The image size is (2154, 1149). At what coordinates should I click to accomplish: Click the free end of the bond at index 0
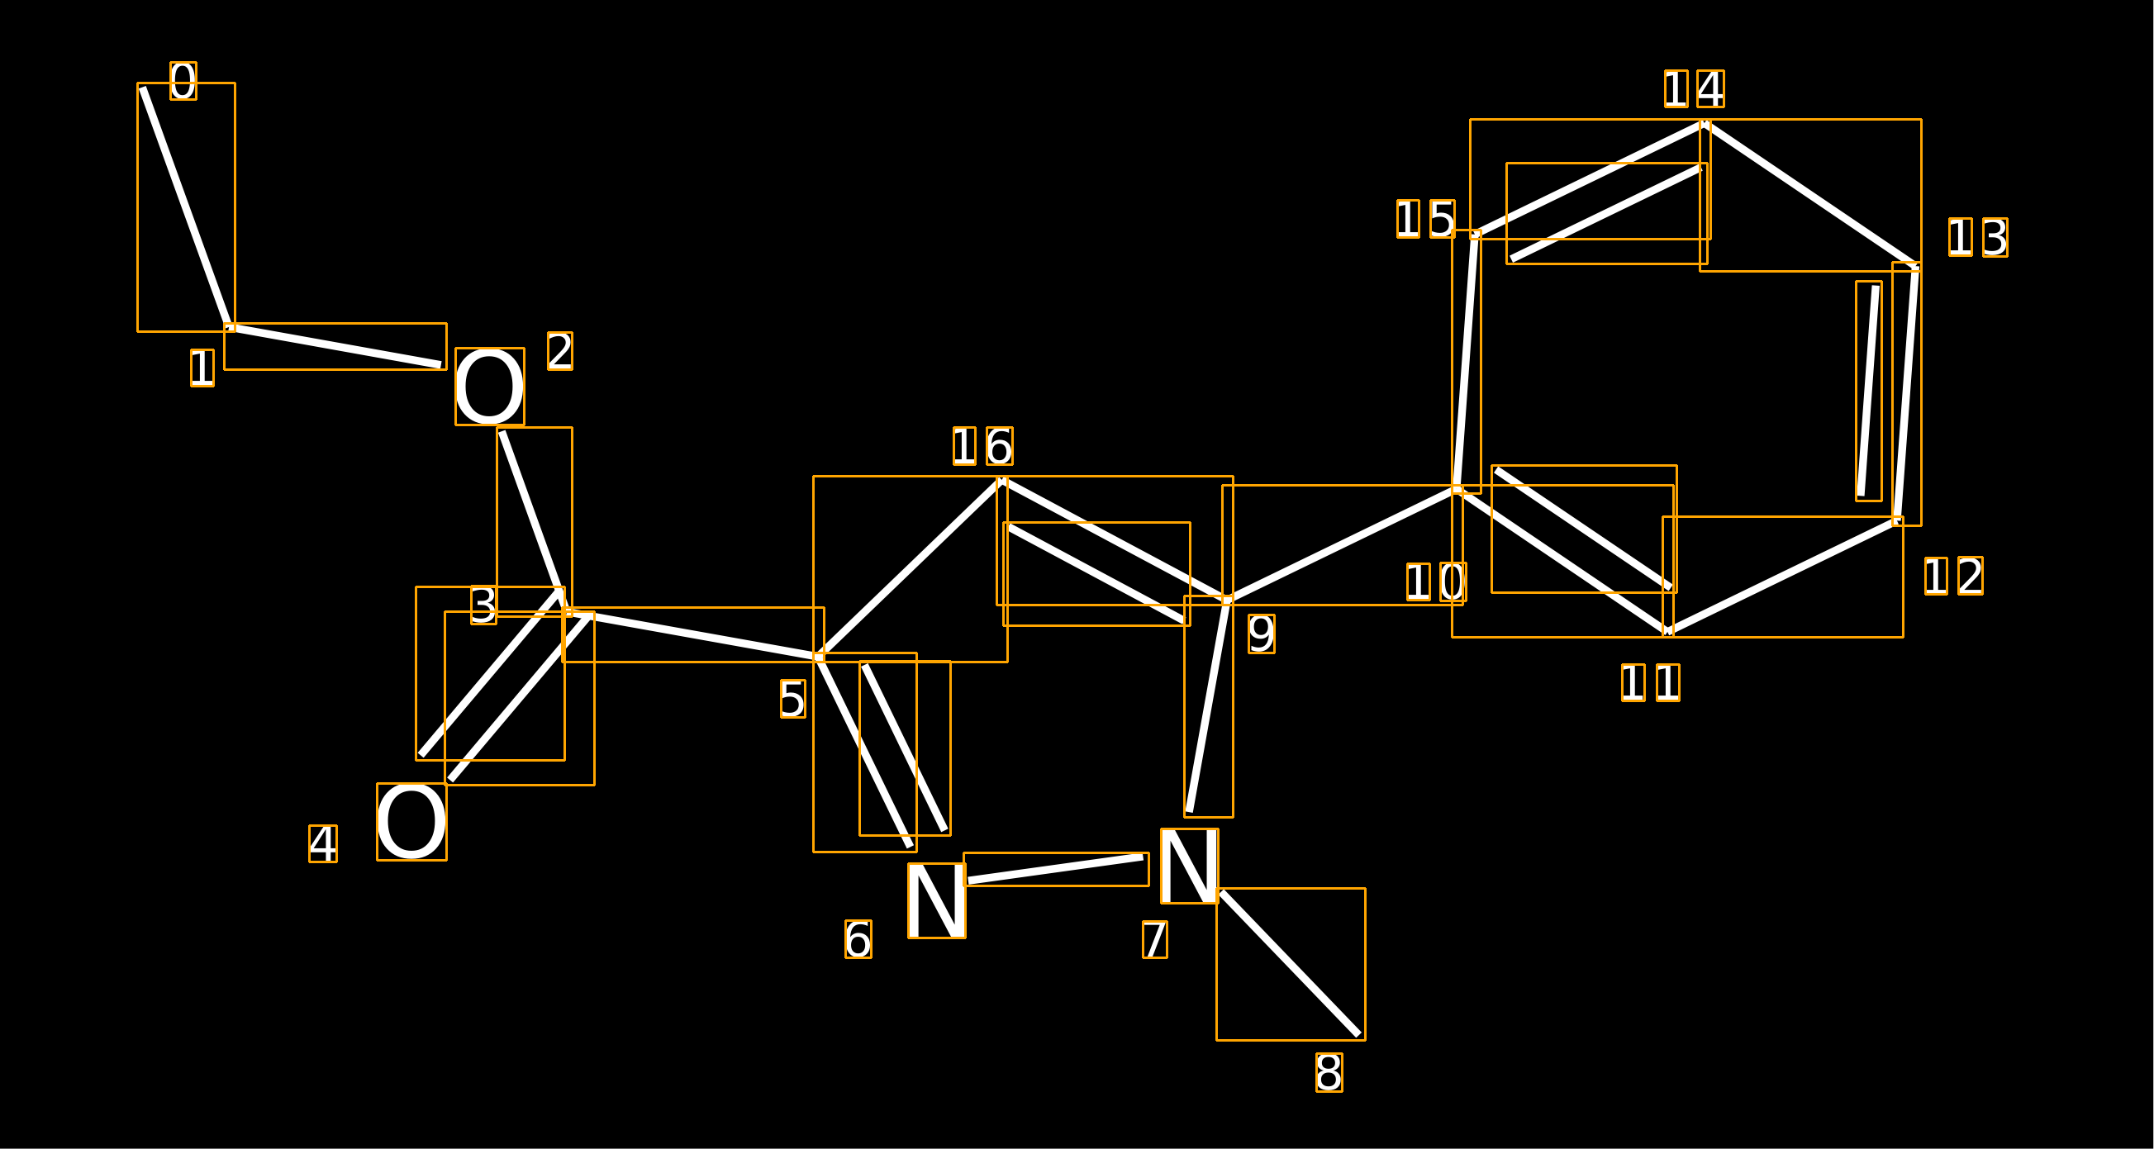tap(142, 87)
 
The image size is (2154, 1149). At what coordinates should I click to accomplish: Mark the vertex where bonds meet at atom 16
tap(1001, 481)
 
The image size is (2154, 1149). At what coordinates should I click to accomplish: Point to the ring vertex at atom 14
tap(1705, 124)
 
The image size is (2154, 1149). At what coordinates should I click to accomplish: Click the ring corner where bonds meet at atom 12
tap(1897, 521)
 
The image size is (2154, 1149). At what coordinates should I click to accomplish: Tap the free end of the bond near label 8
tap(1359, 1035)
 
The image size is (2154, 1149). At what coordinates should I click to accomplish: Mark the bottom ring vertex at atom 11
tap(1667, 631)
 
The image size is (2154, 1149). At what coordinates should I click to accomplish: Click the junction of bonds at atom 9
tap(1227, 601)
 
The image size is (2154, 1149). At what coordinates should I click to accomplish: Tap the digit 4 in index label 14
tap(1710, 89)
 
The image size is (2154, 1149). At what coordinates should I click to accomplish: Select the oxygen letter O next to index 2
tap(489, 387)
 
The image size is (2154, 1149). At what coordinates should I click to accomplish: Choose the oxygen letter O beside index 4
tap(411, 821)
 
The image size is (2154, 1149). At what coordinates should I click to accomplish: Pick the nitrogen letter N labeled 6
tap(936, 900)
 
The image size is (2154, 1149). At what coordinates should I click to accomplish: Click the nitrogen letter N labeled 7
tap(1189, 866)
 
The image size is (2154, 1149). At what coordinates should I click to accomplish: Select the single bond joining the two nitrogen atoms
tap(1055, 869)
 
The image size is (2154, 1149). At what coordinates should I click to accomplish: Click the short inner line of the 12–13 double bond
tap(1868, 391)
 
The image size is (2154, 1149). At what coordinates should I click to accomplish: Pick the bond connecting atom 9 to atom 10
tap(1342, 544)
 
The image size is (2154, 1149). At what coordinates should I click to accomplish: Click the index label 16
tap(982, 446)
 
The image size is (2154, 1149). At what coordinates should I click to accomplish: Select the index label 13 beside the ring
tap(1977, 238)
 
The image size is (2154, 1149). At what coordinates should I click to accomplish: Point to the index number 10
tap(1436, 582)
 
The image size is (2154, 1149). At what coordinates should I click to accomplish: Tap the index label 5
tap(792, 698)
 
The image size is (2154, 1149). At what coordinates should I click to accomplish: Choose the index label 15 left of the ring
tap(1426, 219)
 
